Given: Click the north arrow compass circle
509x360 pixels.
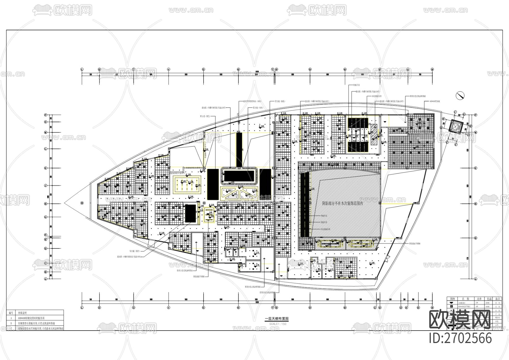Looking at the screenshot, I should coord(460,96).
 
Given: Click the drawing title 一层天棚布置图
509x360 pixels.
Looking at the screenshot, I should coord(277,318).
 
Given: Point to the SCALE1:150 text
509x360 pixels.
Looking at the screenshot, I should coord(278,324).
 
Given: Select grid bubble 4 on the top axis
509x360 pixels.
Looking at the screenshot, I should coord(169,69).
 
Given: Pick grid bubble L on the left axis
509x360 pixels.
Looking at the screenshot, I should coord(45,149).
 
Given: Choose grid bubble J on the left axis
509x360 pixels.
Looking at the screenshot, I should coord(45,186).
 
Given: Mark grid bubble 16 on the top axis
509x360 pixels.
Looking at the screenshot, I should coord(432,69).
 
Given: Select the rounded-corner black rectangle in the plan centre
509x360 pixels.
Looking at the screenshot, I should coord(239,176).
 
